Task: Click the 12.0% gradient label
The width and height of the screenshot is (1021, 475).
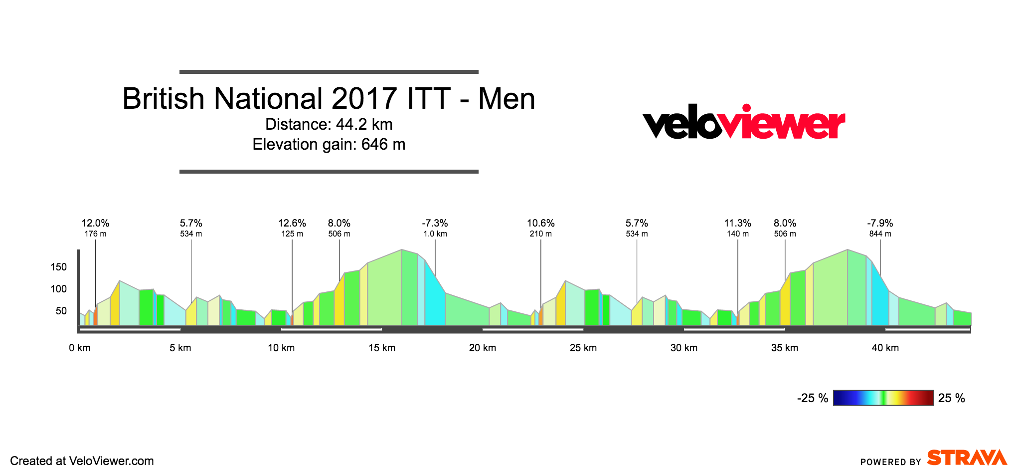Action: point(95,223)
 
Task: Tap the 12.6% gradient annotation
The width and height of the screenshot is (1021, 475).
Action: point(292,223)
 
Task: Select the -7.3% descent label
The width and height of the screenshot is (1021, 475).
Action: point(435,223)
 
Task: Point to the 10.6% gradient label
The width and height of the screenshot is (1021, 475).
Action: point(541,223)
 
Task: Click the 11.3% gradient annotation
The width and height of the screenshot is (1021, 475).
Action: point(738,223)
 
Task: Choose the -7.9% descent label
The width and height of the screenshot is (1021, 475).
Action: point(880,223)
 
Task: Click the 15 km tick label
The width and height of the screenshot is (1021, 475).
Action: point(382,348)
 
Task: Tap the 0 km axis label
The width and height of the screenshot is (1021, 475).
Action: point(80,348)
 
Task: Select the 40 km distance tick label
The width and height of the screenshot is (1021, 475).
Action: point(885,348)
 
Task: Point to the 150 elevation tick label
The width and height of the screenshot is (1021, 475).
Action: point(59,267)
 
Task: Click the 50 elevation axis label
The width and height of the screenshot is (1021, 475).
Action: point(61,311)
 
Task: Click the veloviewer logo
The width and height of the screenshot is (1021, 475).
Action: point(743,122)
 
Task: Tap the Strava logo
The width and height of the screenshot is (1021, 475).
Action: point(967,458)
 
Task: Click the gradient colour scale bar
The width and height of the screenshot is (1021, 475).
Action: point(883,398)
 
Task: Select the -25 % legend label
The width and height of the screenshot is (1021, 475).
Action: point(813,398)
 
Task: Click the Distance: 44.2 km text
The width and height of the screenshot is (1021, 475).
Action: point(329,124)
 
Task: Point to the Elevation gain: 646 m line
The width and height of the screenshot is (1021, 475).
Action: point(329,144)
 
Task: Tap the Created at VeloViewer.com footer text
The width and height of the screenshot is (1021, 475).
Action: point(82,461)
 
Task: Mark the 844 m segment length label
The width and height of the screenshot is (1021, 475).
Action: point(880,234)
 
